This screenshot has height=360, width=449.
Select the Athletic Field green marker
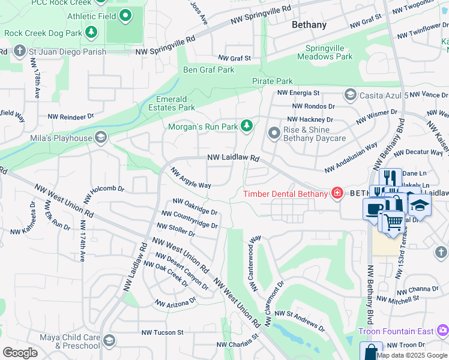tap(125, 16)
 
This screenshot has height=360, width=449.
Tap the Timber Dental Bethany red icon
tap(337, 193)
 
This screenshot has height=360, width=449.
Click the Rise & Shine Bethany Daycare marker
tap(274, 132)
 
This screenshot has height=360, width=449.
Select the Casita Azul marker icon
tap(350, 95)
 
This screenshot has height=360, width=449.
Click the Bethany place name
tap(309, 25)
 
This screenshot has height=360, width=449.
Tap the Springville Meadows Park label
tap(329, 52)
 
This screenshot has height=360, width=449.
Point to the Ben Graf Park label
tap(208, 70)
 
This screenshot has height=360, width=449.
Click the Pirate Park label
tap(272, 81)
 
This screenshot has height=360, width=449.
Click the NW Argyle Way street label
tap(190, 178)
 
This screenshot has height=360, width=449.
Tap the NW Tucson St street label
tap(162, 332)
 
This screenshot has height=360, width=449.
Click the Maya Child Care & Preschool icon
tap(109, 341)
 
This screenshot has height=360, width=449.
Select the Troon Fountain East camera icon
tap(442, 331)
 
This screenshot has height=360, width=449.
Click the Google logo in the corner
tap(20, 352)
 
